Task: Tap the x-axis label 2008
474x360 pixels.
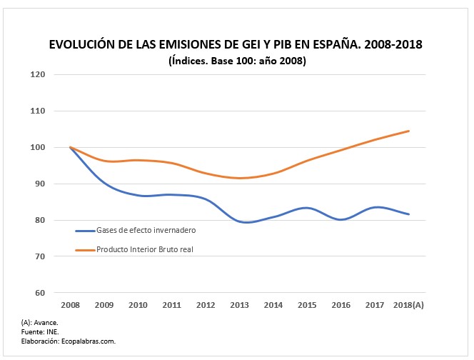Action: click(x=71, y=305)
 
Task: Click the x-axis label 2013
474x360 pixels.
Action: click(x=240, y=305)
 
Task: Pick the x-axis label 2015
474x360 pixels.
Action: click(x=308, y=305)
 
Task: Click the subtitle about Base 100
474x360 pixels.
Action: click(x=237, y=61)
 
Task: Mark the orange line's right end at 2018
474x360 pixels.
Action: click(x=409, y=131)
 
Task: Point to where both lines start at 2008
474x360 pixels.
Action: click(x=71, y=147)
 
